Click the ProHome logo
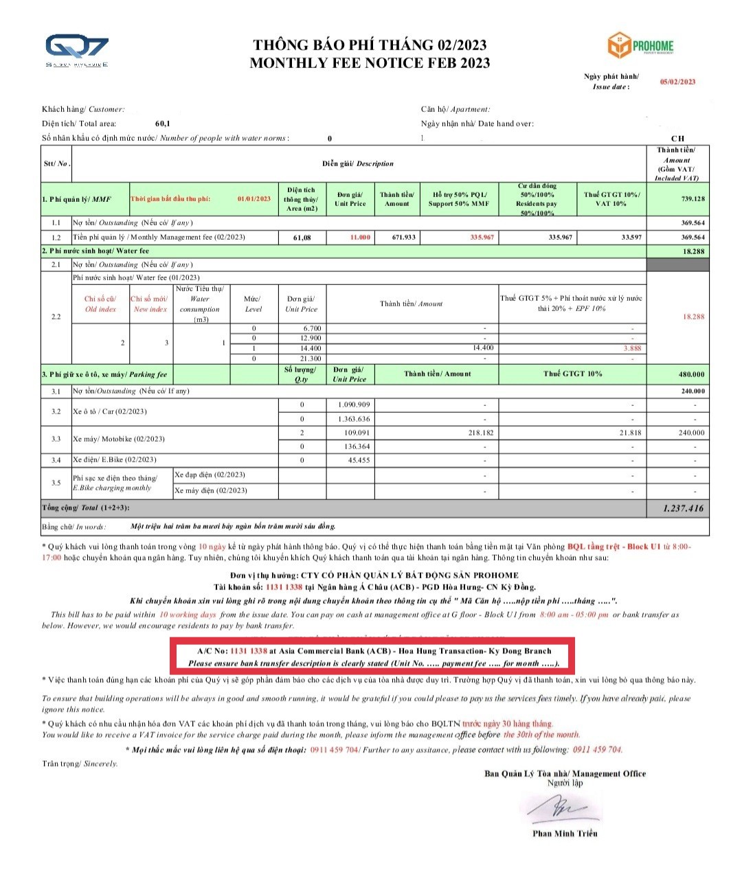[640, 46]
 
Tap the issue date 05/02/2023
[677, 82]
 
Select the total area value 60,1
[163, 124]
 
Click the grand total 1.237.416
[683, 508]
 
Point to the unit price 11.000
[360, 237]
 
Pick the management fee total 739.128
[692, 198]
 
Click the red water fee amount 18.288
[693, 317]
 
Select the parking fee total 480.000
[692, 374]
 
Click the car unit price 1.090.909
[354, 404]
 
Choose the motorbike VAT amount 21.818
[629, 433]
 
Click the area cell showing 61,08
[302, 238]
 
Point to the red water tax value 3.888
[632, 348]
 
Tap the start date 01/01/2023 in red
[254, 198]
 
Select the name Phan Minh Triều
[565, 834]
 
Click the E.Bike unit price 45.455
[358, 460]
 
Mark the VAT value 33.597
[631, 237]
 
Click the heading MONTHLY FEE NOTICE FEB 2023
[370, 63]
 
